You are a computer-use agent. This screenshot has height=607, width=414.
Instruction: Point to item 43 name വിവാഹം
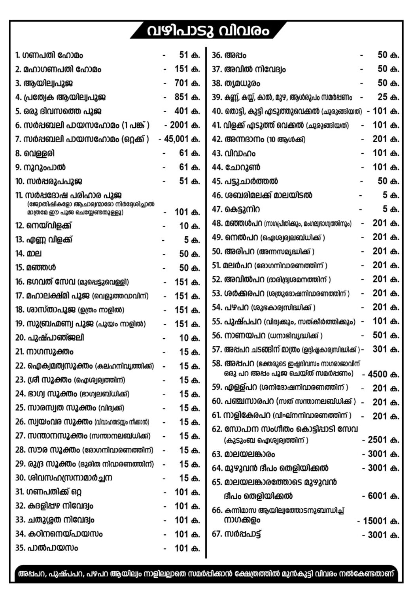[x=240, y=153]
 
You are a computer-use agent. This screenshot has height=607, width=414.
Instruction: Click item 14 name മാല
[x=34, y=254]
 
